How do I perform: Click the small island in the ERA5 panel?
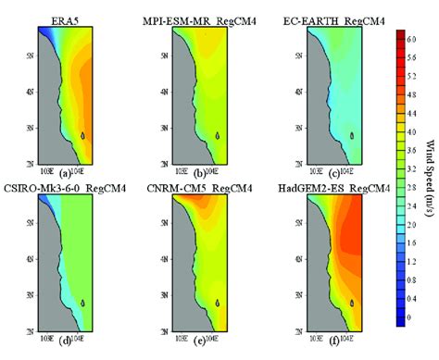tap(82, 135)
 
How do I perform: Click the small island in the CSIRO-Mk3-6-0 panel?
tap(82, 303)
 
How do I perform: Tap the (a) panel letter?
tap(63, 171)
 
